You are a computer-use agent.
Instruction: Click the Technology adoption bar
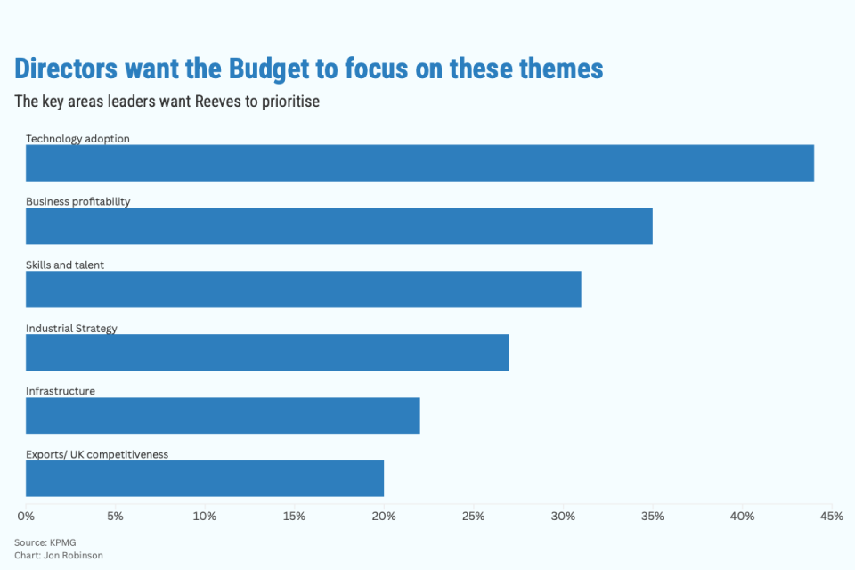[x=419, y=163]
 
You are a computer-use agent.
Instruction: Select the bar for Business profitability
[x=339, y=226]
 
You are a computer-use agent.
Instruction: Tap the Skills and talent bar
[x=304, y=289]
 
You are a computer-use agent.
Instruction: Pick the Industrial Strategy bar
[x=267, y=353]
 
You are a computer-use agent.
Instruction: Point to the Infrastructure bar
[x=223, y=416]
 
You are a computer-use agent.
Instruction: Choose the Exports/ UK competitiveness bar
[x=205, y=478]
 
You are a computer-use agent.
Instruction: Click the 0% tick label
[x=26, y=517]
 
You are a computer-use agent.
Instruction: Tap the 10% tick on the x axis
[x=205, y=517]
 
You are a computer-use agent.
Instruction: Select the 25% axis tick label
[x=473, y=517]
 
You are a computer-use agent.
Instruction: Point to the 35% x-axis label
[x=652, y=517]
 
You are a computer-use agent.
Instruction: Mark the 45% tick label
[x=831, y=517]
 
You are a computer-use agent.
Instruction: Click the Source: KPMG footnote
[x=44, y=542]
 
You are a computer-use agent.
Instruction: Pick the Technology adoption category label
[x=77, y=139]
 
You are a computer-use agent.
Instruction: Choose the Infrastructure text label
[x=61, y=391]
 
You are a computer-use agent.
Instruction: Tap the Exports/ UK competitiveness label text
[x=97, y=454]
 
